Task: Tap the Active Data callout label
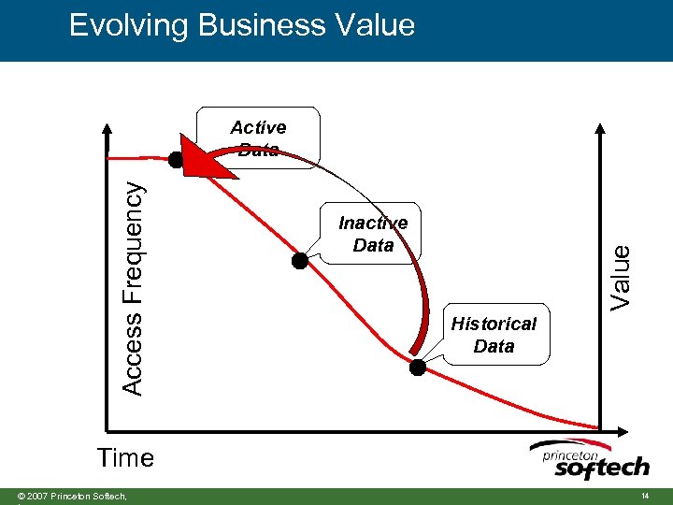pyautogui.click(x=258, y=137)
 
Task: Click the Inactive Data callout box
pyautogui.click(x=374, y=234)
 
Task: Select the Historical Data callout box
pyautogui.click(x=494, y=334)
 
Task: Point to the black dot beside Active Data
pyautogui.click(x=176, y=159)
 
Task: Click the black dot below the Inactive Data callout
pyautogui.click(x=299, y=261)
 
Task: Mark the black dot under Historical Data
pyautogui.click(x=418, y=368)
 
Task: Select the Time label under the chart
pyautogui.click(x=125, y=458)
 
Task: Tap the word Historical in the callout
pyautogui.click(x=494, y=324)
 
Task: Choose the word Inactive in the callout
pyautogui.click(x=373, y=223)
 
